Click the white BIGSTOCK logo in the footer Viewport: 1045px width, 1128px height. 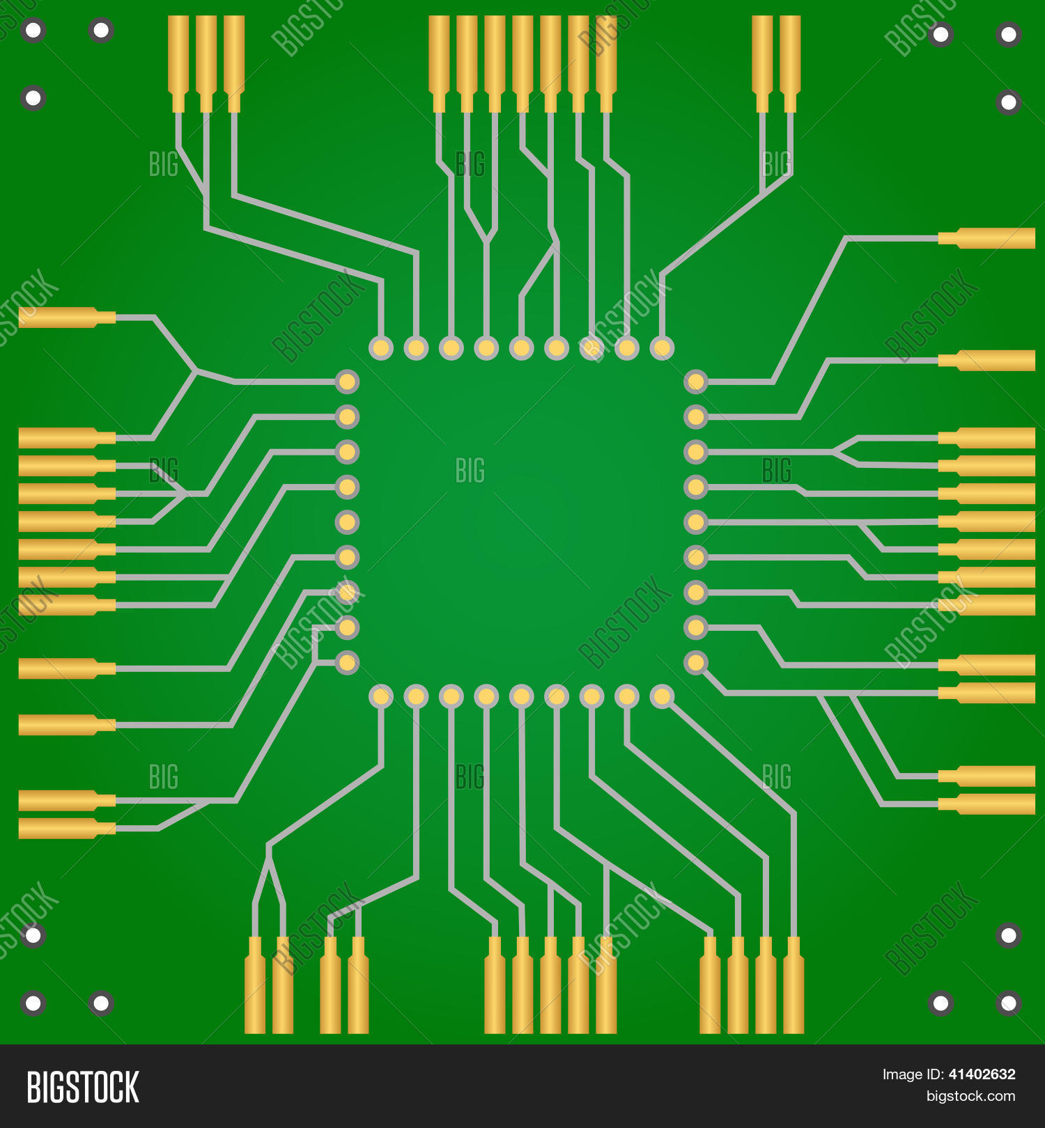coord(83,1087)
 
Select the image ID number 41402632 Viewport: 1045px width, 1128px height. coord(982,1074)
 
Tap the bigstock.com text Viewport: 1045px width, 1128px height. coord(970,1097)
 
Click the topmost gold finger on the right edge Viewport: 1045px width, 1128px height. coord(986,238)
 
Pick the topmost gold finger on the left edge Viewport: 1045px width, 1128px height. coord(67,318)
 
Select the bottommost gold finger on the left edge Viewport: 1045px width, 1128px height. coord(67,829)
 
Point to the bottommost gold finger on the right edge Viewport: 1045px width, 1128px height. coord(986,804)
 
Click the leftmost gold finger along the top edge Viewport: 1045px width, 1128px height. coord(178,64)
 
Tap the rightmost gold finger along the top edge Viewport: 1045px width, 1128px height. coord(790,64)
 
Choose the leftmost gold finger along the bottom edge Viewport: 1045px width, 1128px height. coord(255,985)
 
